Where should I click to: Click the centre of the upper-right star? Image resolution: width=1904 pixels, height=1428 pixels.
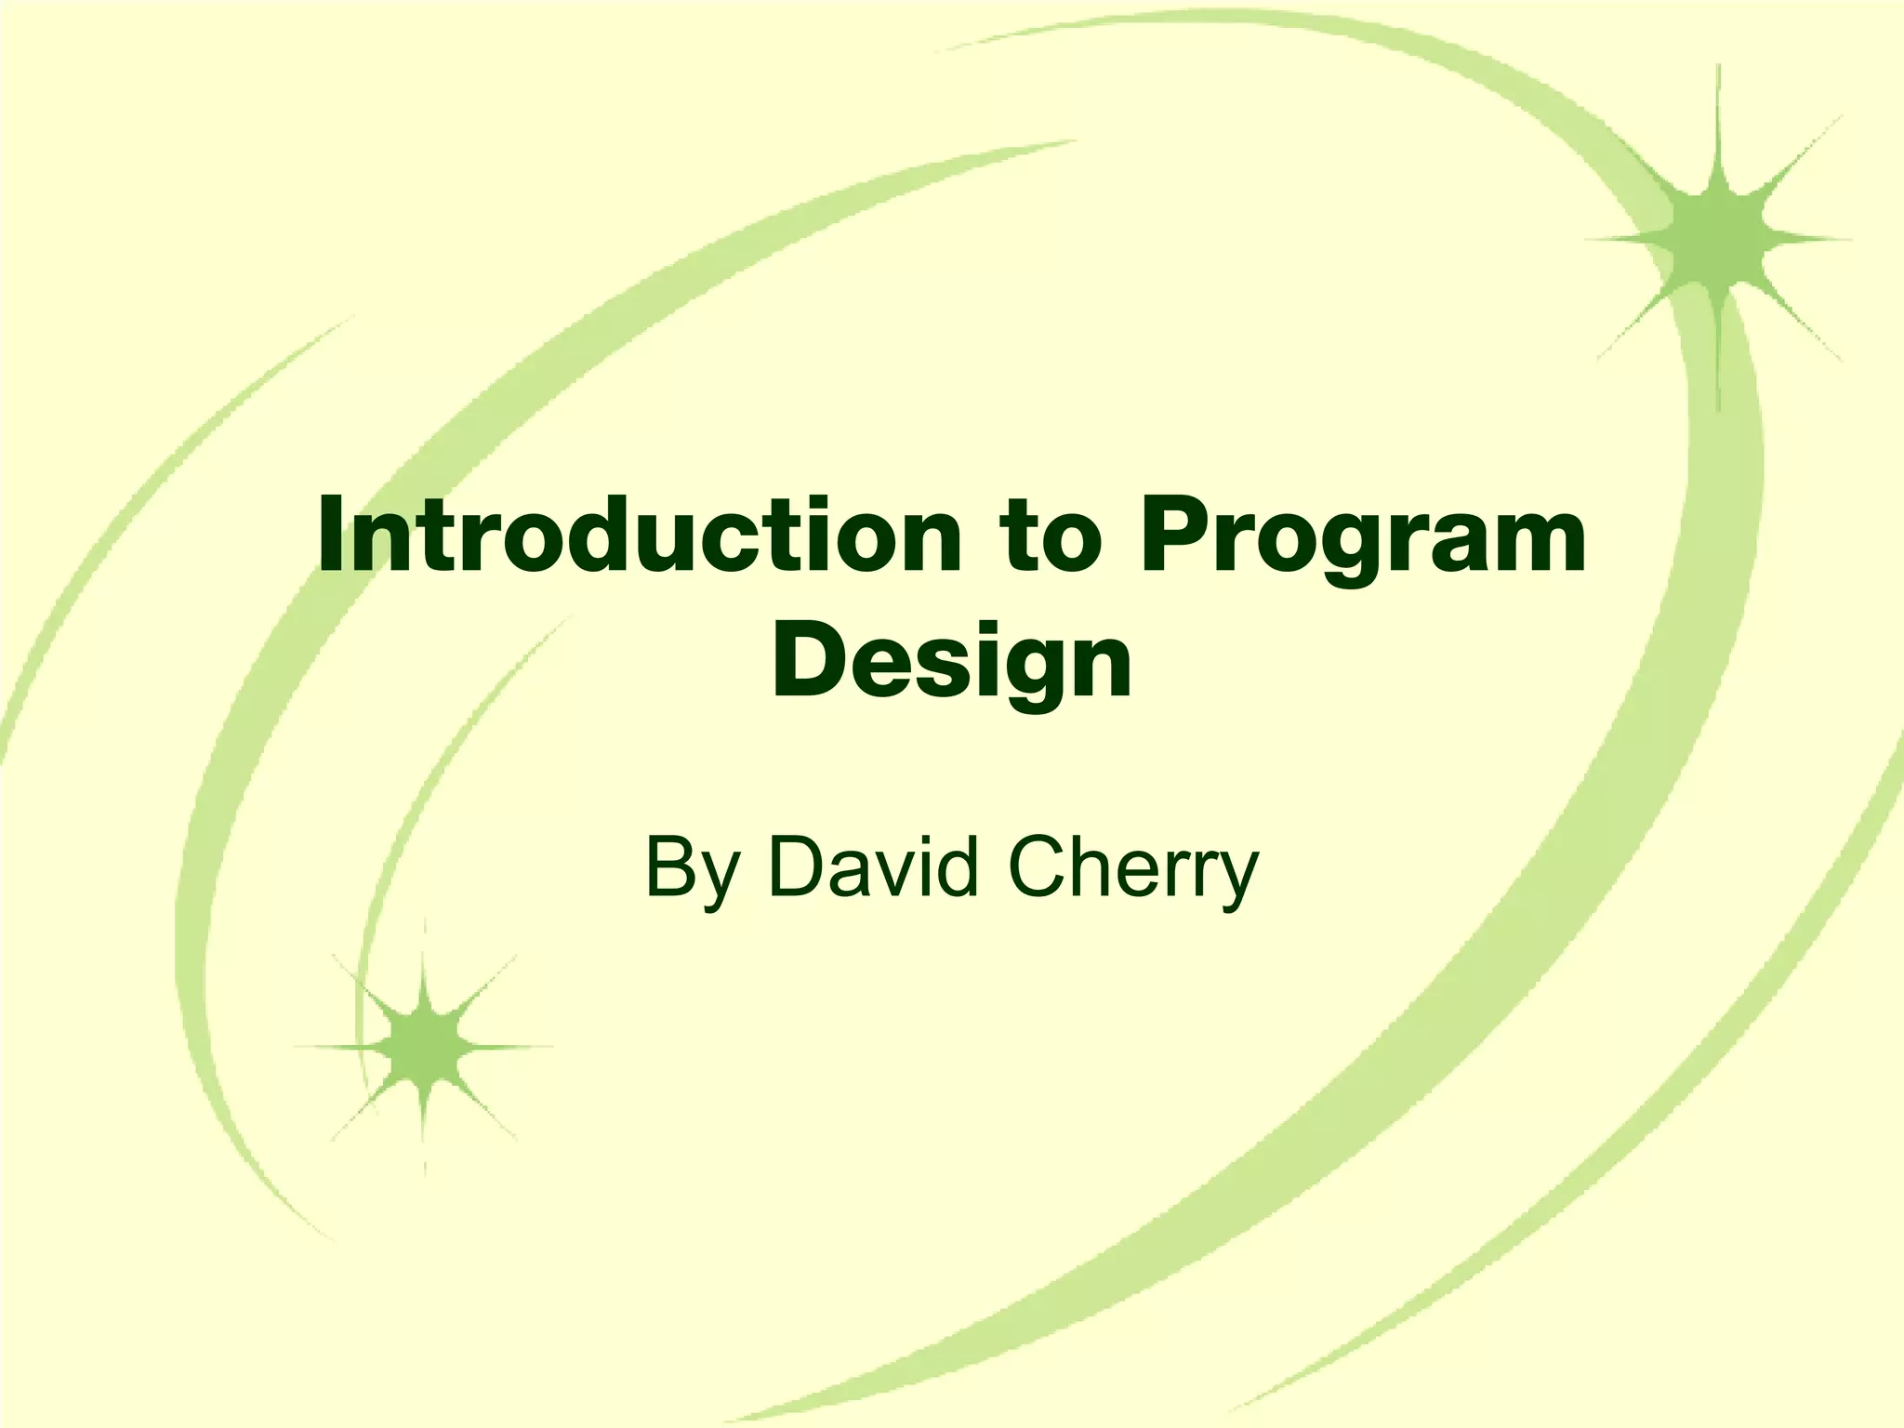pos(1718,238)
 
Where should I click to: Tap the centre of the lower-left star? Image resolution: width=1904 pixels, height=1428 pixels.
pos(424,1047)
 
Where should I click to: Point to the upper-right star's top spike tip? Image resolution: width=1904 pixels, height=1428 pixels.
pos(1718,67)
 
